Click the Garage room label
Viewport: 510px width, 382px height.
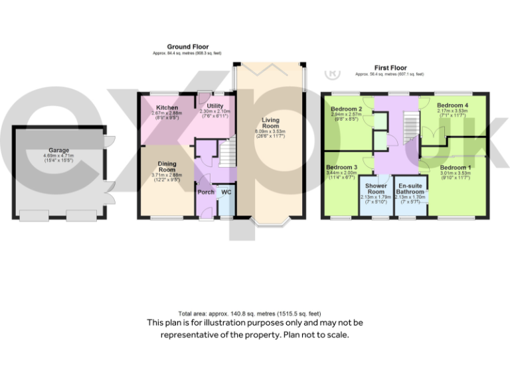58,151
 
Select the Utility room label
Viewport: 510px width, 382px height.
214,105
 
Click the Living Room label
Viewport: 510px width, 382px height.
270,123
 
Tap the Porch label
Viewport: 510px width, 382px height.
206,192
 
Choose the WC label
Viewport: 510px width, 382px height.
226,192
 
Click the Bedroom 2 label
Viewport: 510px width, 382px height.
346,109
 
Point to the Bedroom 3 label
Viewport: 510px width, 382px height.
342,167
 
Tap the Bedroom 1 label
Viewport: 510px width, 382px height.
455,167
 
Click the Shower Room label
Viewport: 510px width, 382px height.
377,188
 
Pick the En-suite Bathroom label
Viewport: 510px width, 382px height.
410,188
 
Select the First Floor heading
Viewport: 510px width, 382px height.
390,68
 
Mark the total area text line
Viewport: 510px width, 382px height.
250,313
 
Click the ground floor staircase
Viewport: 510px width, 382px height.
228,154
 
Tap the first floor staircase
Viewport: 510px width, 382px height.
412,126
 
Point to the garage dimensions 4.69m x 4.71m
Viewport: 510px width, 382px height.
58,156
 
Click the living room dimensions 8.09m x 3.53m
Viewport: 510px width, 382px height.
270,132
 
